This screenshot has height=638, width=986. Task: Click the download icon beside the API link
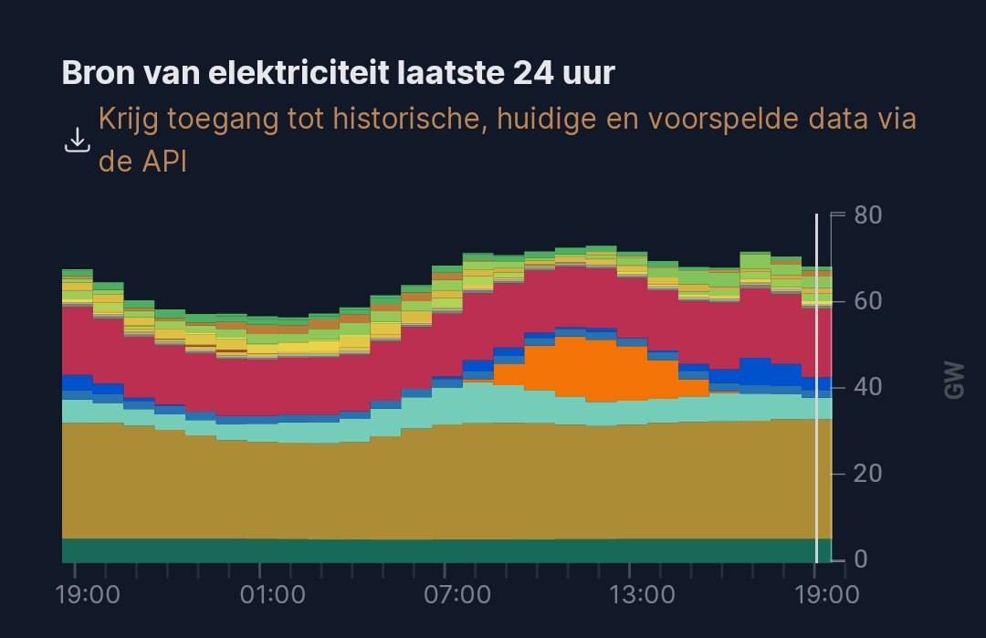click(78, 141)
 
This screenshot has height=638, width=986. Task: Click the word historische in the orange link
click(380, 120)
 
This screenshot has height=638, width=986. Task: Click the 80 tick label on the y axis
click(867, 215)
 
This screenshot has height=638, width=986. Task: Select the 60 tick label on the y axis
click(867, 301)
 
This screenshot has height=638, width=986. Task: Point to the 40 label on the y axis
click(867, 387)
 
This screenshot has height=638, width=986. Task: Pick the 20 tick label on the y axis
click(867, 473)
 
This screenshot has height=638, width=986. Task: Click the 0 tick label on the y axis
click(861, 559)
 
